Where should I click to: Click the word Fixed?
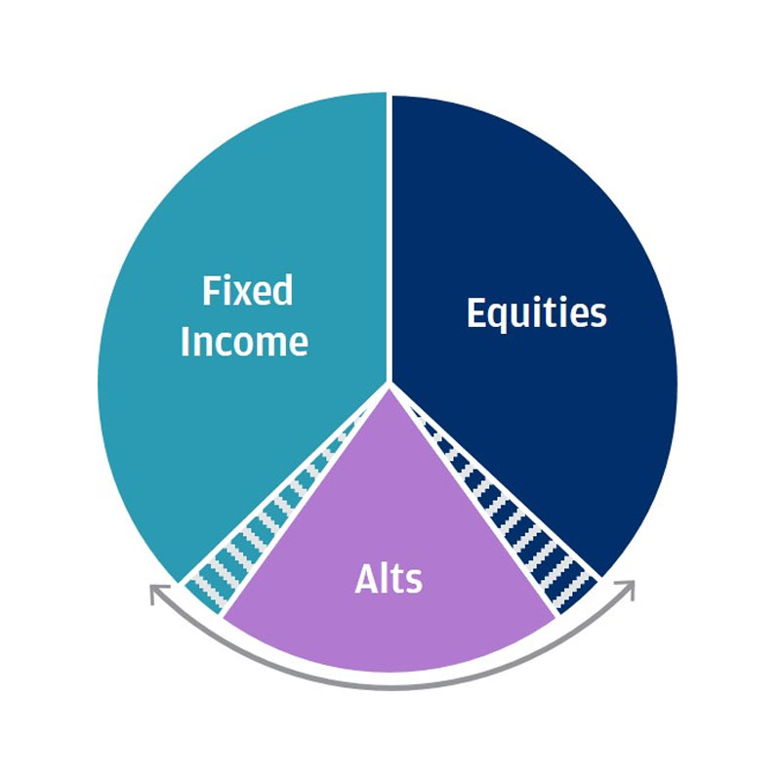point(247,290)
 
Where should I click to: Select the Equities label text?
point(536,313)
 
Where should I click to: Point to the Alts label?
point(389,578)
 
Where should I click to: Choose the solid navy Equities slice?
point(538,209)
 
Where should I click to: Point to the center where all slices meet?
point(389,385)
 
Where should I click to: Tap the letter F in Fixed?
point(210,290)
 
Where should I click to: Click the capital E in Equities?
point(475,312)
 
